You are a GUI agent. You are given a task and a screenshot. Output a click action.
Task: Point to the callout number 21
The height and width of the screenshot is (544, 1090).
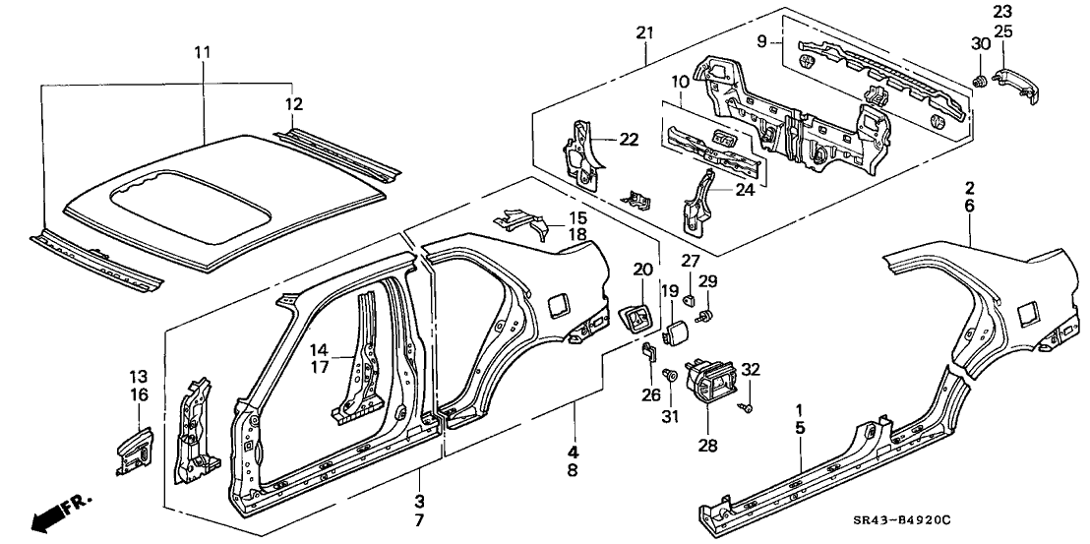pos(645,33)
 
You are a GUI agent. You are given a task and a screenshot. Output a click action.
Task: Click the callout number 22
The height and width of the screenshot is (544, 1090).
pos(629,140)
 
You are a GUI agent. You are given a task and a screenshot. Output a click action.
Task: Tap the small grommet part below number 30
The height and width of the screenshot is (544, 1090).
pos(979,78)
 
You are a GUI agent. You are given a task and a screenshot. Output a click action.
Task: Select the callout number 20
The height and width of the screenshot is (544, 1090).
pos(642,268)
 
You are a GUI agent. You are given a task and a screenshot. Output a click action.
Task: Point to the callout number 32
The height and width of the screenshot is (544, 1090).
pos(752,369)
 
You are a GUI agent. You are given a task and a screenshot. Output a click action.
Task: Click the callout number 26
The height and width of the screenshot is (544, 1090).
pos(648,396)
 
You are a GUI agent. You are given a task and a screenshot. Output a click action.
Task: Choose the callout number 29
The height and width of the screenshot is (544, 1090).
pos(708,282)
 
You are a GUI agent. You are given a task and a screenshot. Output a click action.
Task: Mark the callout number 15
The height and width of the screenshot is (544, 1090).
pos(550,216)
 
